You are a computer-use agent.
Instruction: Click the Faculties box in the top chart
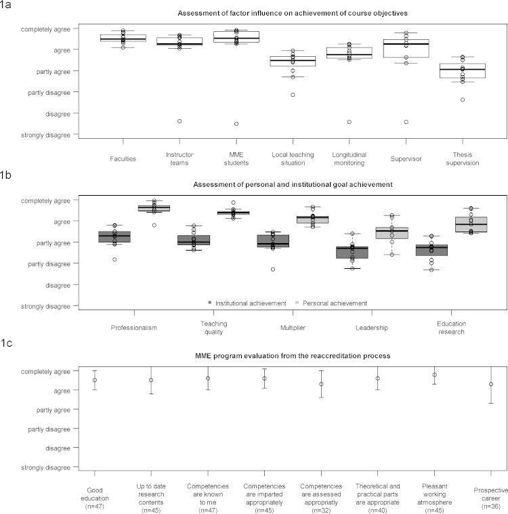point(123,38)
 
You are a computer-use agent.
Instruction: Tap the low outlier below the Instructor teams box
point(179,121)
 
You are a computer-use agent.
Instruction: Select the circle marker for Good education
point(95,380)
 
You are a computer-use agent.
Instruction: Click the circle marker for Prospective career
point(490,384)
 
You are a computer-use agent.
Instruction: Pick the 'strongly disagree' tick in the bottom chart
point(45,467)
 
